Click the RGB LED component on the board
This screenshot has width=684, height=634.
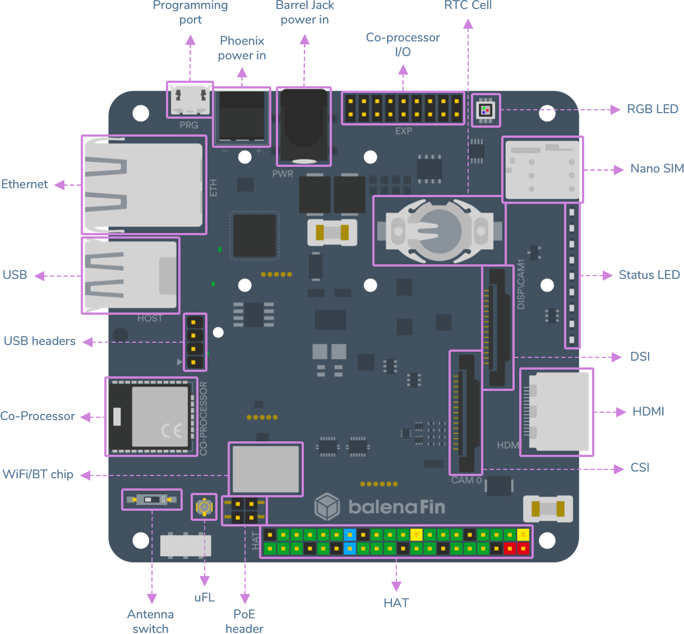pos(486,110)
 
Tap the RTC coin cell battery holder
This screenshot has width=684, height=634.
pos(439,231)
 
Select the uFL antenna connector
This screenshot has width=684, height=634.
pos(204,507)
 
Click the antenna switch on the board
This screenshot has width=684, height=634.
pos(152,500)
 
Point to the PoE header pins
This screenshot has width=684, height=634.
pos(244,510)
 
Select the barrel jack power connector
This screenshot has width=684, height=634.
pos(304,127)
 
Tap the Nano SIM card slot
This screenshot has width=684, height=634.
pos(542,170)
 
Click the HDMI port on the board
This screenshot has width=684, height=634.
pos(556,412)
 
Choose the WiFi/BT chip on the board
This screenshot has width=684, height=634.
pos(265,469)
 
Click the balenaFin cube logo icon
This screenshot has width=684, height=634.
pos(327,507)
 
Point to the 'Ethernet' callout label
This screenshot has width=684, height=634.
pos(25,184)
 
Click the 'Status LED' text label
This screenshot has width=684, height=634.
pos(649,275)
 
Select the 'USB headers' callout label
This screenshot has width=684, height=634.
pos(40,341)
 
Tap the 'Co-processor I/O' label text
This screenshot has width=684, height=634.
pos(403,45)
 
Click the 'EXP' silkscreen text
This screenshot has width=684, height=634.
pos(403,131)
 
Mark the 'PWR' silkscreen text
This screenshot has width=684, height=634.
pos(283,174)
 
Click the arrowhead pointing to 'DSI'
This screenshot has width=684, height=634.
pos(617,357)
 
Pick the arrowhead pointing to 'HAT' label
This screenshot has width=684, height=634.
pos(396,586)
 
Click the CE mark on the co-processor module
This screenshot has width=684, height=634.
pos(172,430)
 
